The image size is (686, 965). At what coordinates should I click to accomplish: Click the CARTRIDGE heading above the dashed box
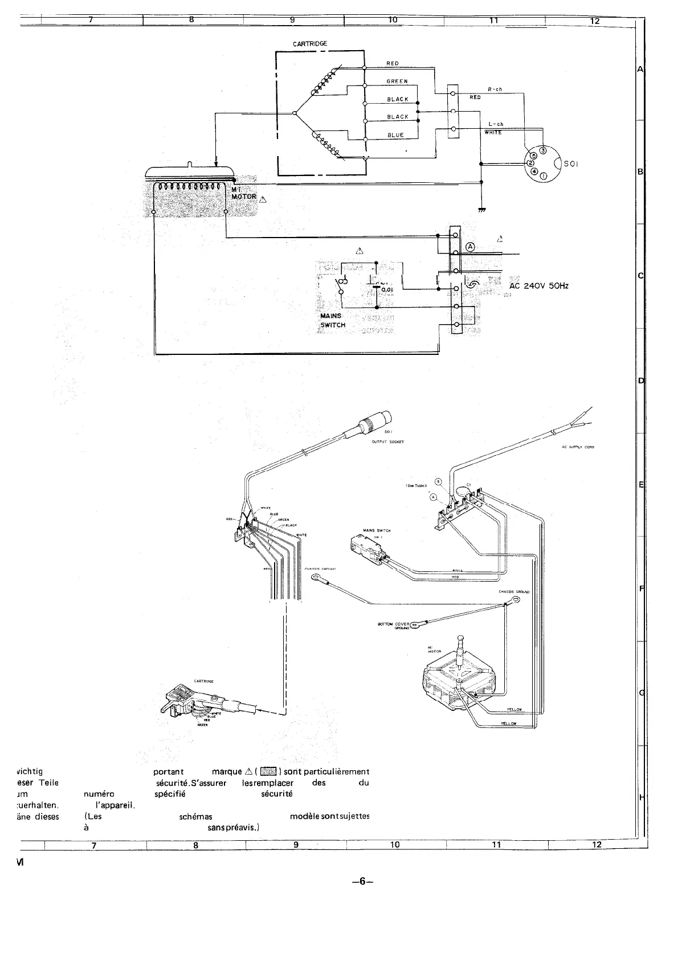310,43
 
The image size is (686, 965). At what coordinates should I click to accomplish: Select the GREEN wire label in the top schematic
397,81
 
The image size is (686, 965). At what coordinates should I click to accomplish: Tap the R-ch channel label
495,89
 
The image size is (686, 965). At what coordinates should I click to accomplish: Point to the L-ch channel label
496,124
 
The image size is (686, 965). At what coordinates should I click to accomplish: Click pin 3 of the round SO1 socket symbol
542,150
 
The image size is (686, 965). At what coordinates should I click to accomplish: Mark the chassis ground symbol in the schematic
482,210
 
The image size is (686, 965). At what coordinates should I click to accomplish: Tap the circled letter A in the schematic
470,247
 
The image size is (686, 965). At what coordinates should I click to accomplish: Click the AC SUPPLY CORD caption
578,447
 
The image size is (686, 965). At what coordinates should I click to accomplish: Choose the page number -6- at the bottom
362,882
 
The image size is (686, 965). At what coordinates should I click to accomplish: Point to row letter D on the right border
640,381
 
